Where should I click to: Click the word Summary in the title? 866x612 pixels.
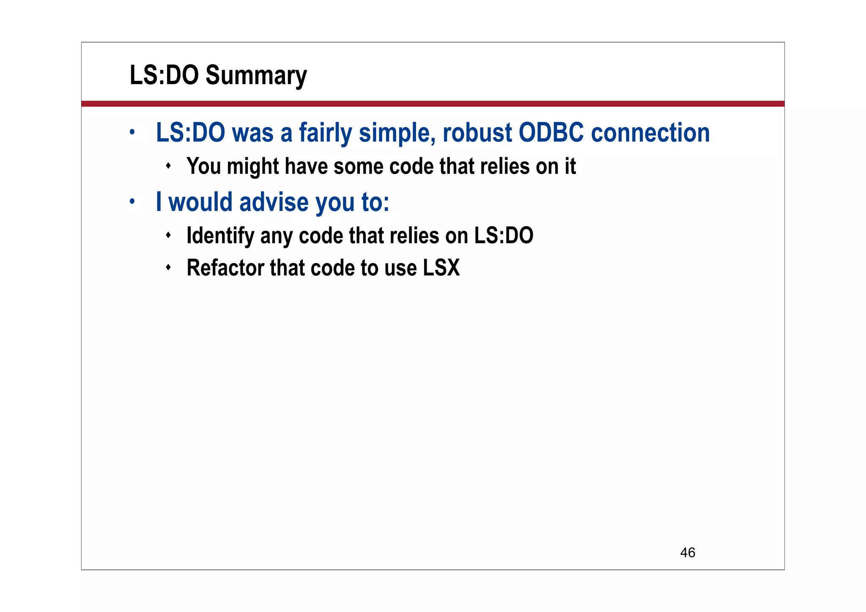[256, 75]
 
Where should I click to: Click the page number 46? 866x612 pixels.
[688, 552]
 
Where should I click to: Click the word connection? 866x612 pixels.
[650, 132]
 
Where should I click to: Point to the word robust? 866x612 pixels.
[477, 132]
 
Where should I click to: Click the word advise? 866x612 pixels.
[274, 202]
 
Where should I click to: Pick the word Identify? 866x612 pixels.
[220, 236]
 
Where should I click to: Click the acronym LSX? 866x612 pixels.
[441, 268]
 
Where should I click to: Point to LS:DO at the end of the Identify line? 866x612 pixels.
[504, 236]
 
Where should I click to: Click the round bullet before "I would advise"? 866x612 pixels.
[132, 202]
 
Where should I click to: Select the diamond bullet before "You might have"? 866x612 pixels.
[168, 165]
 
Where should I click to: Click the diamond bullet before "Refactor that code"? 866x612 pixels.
[168, 267]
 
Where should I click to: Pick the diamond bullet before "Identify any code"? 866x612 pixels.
[168, 235]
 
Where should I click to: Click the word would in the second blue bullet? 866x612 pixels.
[200, 202]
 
